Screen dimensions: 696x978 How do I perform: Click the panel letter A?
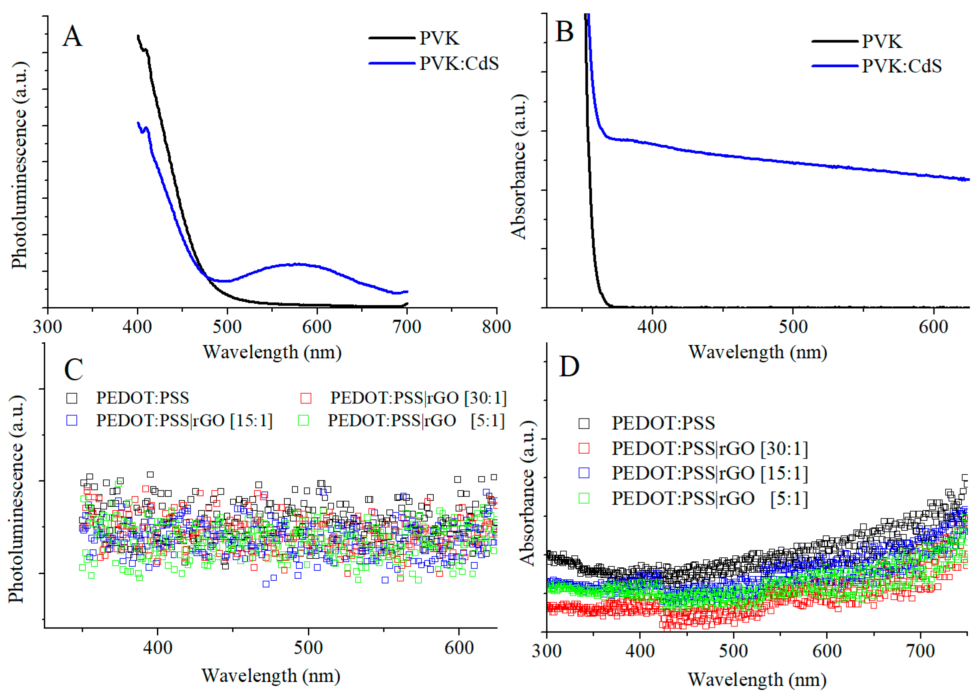pyautogui.click(x=72, y=37)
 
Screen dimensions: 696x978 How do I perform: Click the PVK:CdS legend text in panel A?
pyautogui.click(x=459, y=63)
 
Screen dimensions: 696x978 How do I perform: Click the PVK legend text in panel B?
pyautogui.click(x=882, y=42)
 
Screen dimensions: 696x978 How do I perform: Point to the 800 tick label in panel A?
pyautogui.click(x=496, y=327)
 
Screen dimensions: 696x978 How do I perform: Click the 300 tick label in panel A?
pyautogui.click(x=47, y=327)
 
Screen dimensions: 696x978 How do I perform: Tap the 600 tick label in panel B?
pyautogui.click(x=933, y=327)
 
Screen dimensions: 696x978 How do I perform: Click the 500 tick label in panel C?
pyautogui.click(x=308, y=647)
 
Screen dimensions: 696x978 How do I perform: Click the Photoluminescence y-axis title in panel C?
pyautogui.click(x=16, y=499)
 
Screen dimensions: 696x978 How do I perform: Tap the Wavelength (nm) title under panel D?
pyautogui.click(x=757, y=680)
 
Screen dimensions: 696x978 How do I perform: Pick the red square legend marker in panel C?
pyautogui.click(x=306, y=398)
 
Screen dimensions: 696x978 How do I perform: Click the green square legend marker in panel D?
pyautogui.click(x=584, y=498)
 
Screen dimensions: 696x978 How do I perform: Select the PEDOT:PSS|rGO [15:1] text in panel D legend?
pyautogui.click(x=710, y=473)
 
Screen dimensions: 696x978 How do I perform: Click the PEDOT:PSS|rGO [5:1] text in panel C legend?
pyautogui.click(x=416, y=421)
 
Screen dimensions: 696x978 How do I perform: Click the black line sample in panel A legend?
pyautogui.click(x=392, y=38)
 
